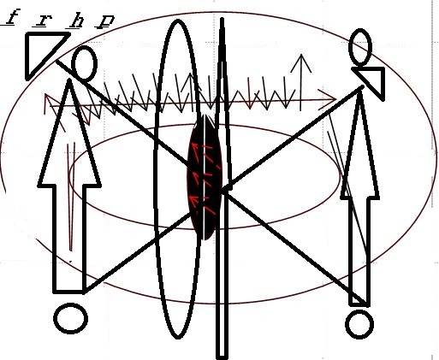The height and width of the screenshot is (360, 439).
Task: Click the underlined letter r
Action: [43, 21]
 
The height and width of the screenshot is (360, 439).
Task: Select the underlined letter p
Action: [104, 21]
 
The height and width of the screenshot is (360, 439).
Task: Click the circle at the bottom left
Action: [70, 318]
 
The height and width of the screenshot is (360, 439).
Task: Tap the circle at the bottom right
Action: [359, 324]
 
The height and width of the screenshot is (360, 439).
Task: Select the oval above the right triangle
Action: [360, 47]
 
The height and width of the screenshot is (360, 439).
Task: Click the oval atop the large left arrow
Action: [84, 62]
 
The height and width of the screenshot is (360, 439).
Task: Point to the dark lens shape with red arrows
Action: [205, 177]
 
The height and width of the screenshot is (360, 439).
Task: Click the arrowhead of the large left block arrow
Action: [69, 134]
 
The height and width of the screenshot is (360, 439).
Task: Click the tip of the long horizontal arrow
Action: [336, 100]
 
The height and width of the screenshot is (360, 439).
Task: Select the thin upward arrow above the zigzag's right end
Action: [301, 82]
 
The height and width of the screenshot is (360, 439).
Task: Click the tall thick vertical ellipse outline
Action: [154, 180]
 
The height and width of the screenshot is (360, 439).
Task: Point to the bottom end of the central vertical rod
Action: [222, 357]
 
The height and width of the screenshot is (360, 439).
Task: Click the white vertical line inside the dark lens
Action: [205, 177]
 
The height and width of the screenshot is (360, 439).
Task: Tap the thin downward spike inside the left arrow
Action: [71, 197]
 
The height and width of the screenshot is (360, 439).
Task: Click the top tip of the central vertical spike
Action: [222, 18]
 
